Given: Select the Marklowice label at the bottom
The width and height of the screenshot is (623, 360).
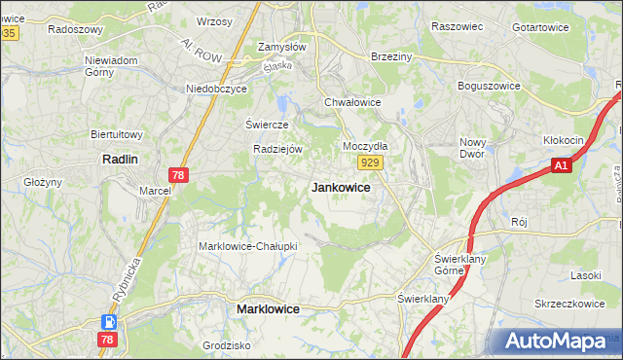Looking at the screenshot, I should (x=268, y=308).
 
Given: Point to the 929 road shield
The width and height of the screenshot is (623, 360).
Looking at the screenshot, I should (x=368, y=162).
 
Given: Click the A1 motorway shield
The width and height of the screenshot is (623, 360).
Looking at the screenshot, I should (x=560, y=167).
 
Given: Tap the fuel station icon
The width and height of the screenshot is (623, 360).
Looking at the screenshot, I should (x=110, y=322).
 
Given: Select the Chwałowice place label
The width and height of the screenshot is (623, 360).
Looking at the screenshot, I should (x=351, y=101).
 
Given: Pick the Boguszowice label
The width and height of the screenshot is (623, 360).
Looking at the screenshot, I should (x=493, y=85).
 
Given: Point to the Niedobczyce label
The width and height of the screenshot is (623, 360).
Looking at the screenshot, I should (x=217, y=89).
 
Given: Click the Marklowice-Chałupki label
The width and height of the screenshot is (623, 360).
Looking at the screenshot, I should (x=248, y=246).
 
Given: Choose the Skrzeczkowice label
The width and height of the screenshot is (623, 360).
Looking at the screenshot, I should (x=569, y=304).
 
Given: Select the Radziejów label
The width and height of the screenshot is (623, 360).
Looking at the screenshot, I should (x=279, y=149).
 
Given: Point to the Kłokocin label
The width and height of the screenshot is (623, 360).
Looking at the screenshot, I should (x=563, y=140).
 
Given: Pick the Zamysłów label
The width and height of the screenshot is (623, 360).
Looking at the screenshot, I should (x=282, y=47).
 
